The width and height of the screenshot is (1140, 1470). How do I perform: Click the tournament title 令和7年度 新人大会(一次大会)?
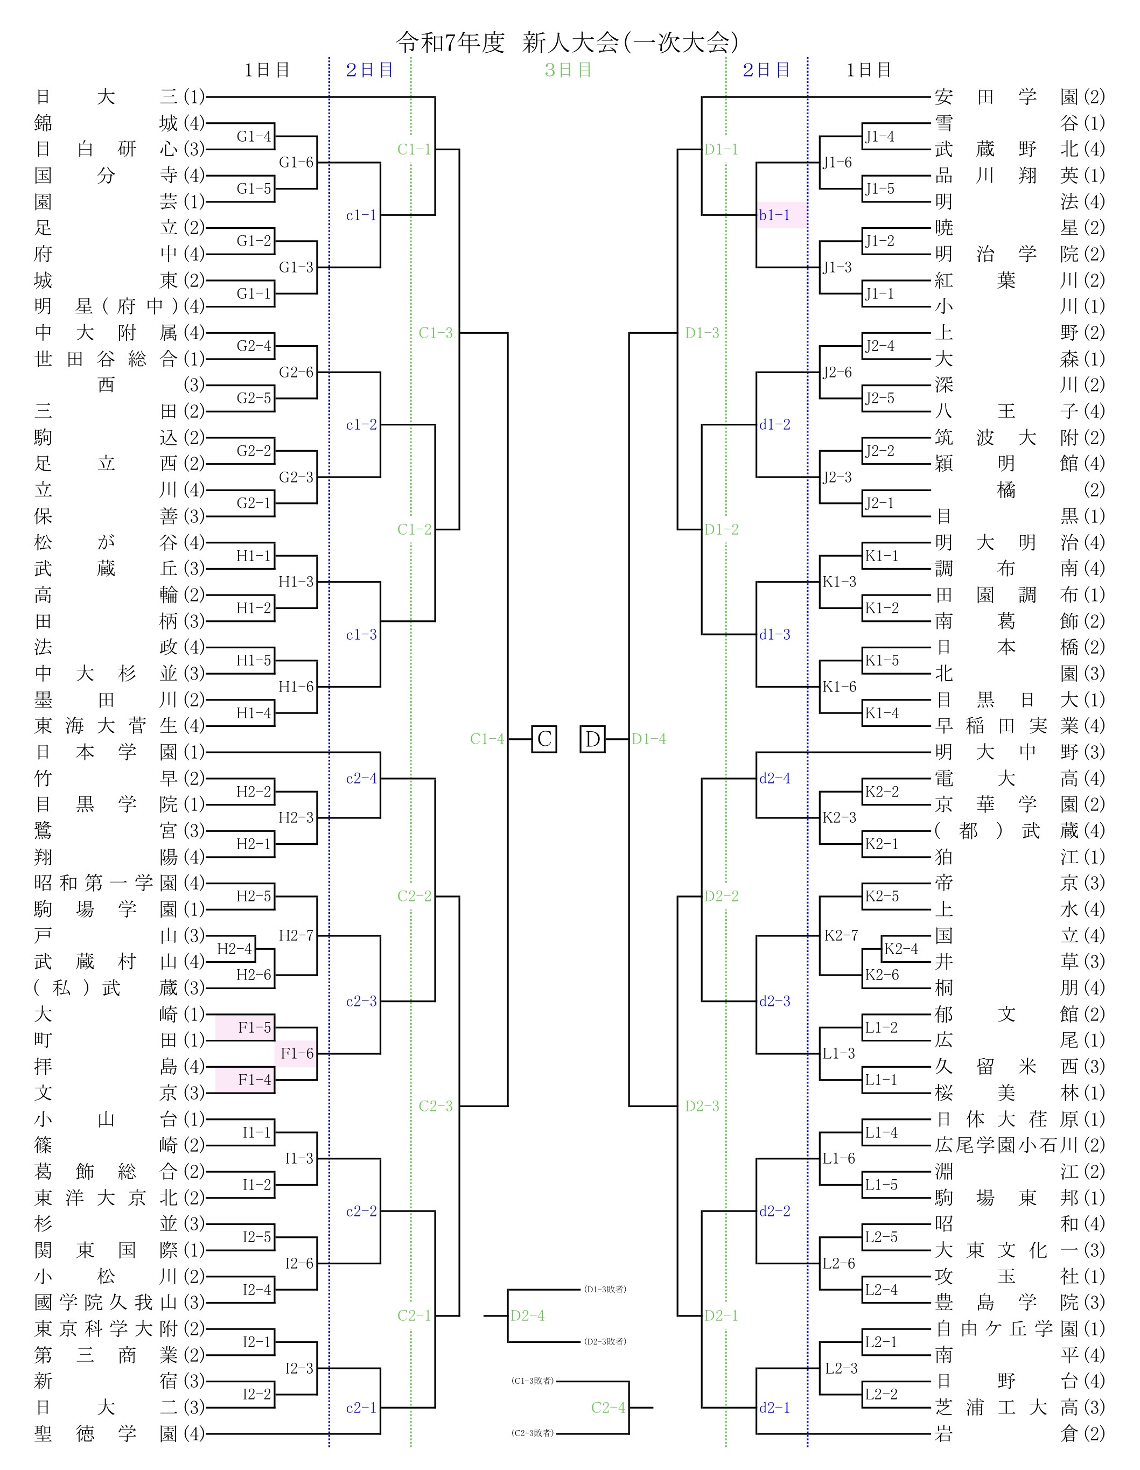(568, 43)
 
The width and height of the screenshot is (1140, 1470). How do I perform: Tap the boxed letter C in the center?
(544, 739)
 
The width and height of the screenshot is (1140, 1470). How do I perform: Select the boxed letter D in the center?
(592, 739)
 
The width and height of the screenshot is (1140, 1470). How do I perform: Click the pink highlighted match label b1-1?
(774, 215)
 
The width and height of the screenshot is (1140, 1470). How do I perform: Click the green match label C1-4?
(487, 739)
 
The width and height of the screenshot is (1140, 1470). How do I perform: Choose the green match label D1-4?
(649, 739)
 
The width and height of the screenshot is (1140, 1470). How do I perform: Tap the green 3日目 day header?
(568, 70)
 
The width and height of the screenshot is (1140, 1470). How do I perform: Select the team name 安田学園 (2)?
(1019, 97)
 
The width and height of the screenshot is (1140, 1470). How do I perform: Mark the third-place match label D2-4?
(528, 1316)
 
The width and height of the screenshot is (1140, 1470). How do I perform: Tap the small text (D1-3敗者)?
(605, 1290)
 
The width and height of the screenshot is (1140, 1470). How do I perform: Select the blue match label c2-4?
(361, 779)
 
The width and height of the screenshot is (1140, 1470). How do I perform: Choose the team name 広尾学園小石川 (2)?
(1019, 1146)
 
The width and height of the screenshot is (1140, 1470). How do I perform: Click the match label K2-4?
(901, 949)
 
